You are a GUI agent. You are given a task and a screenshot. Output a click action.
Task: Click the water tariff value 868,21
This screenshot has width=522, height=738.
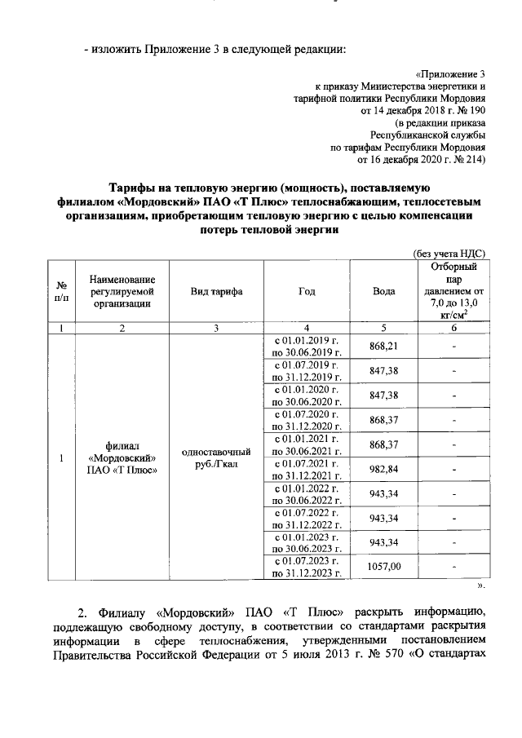tap(383, 346)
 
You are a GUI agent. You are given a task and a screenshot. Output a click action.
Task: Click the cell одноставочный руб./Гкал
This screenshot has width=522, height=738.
tap(215, 457)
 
